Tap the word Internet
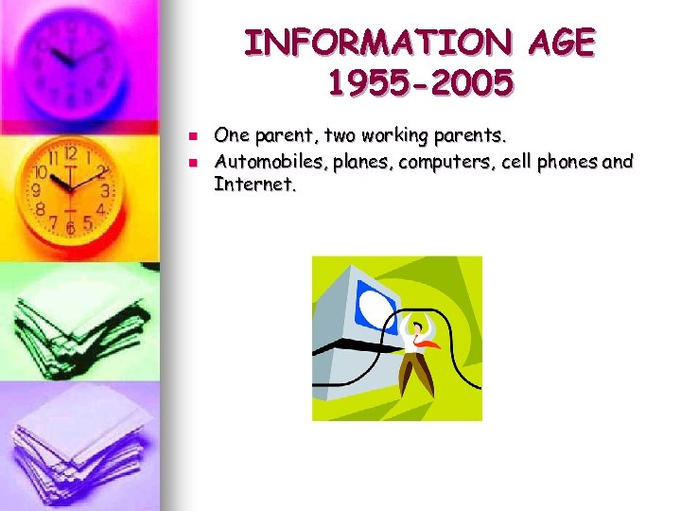(x=254, y=184)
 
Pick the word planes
(x=357, y=163)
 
